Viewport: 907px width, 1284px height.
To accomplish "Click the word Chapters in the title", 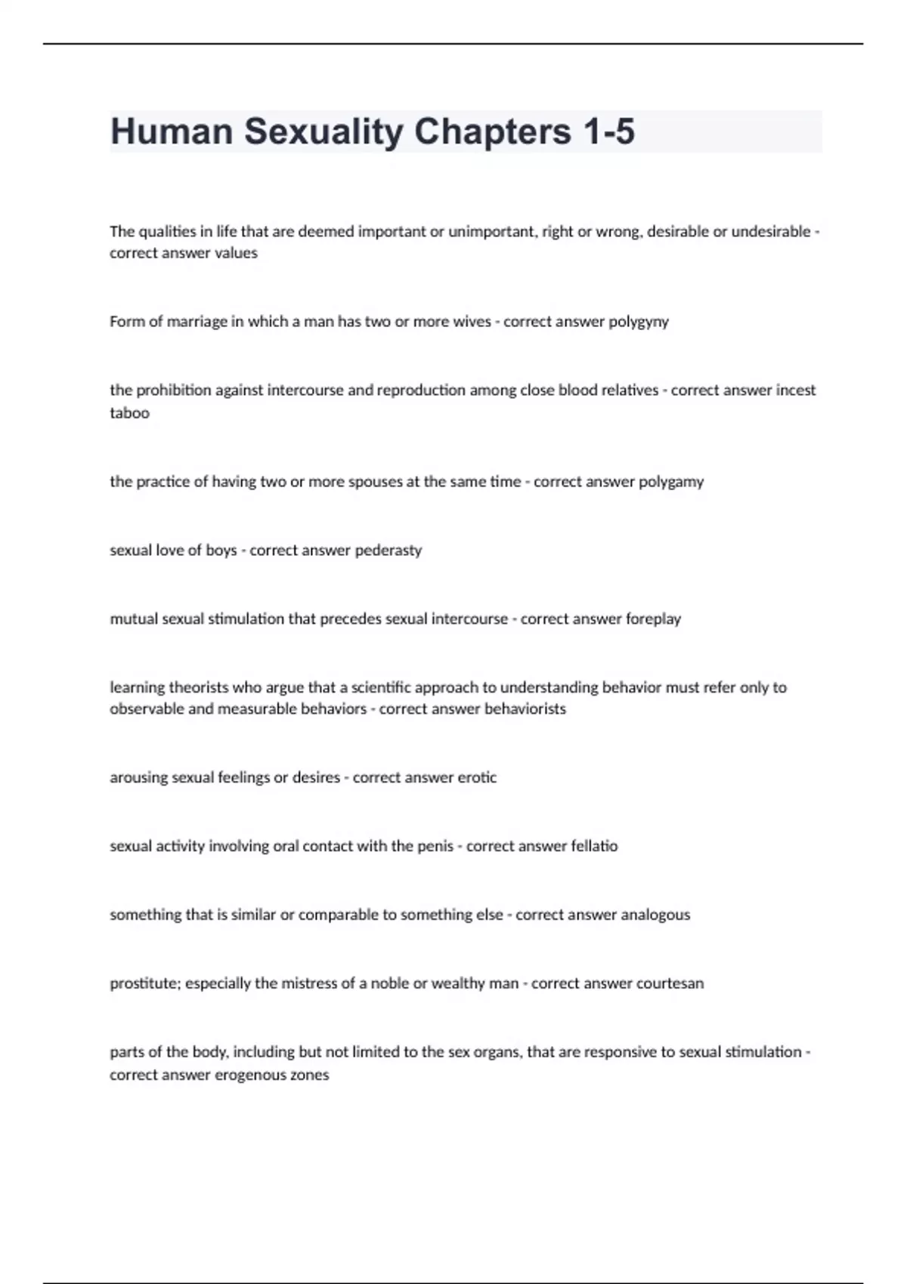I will pos(492,131).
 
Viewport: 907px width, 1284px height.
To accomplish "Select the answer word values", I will pos(236,253).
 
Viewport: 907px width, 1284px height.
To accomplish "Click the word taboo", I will pos(129,412).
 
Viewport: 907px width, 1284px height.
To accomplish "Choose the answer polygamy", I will pos(671,482).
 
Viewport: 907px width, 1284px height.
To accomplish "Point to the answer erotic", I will pos(477,778).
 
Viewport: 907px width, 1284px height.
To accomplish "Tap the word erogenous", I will pos(250,1075).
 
